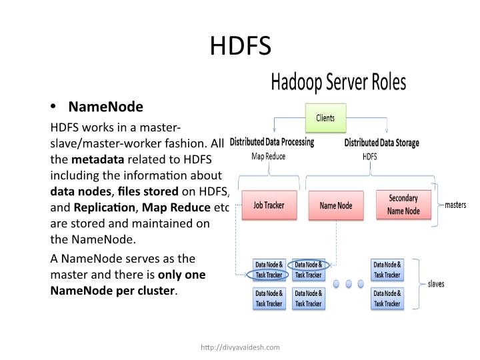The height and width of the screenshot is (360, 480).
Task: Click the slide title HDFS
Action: click(x=240, y=46)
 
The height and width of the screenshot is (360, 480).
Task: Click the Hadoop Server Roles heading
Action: click(x=338, y=83)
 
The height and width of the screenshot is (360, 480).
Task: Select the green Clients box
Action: click(x=325, y=118)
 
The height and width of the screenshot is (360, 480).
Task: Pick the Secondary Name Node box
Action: click(x=403, y=205)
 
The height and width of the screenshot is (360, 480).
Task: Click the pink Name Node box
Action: click(x=335, y=205)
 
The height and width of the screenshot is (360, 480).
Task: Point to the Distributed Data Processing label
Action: click(x=271, y=142)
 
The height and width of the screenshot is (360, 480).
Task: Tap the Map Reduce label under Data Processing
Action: click(x=268, y=157)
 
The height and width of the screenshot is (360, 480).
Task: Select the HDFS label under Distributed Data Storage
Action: click(x=369, y=157)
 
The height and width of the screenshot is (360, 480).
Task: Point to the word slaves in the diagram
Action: click(x=437, y=283)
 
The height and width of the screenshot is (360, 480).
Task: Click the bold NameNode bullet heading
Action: click(x=105, y=107)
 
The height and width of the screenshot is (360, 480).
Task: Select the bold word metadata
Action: click(x=97, y=159)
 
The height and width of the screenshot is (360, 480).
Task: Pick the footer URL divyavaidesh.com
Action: click(x=240, y=347)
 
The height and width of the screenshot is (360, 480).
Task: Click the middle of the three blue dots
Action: click(x=347, y=283)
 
